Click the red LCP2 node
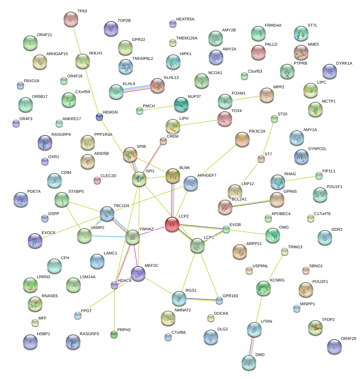pos(172,224)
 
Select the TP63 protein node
pos(71,19)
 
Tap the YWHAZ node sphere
pos(132,237)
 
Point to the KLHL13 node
pos(158,85)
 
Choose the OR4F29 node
pos(334,347)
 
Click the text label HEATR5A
pos(185,19)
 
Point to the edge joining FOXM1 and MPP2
pos(246,97)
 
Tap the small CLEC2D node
pos(97,180)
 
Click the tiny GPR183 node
pos(219,300)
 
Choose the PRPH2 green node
pos(114,334)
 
